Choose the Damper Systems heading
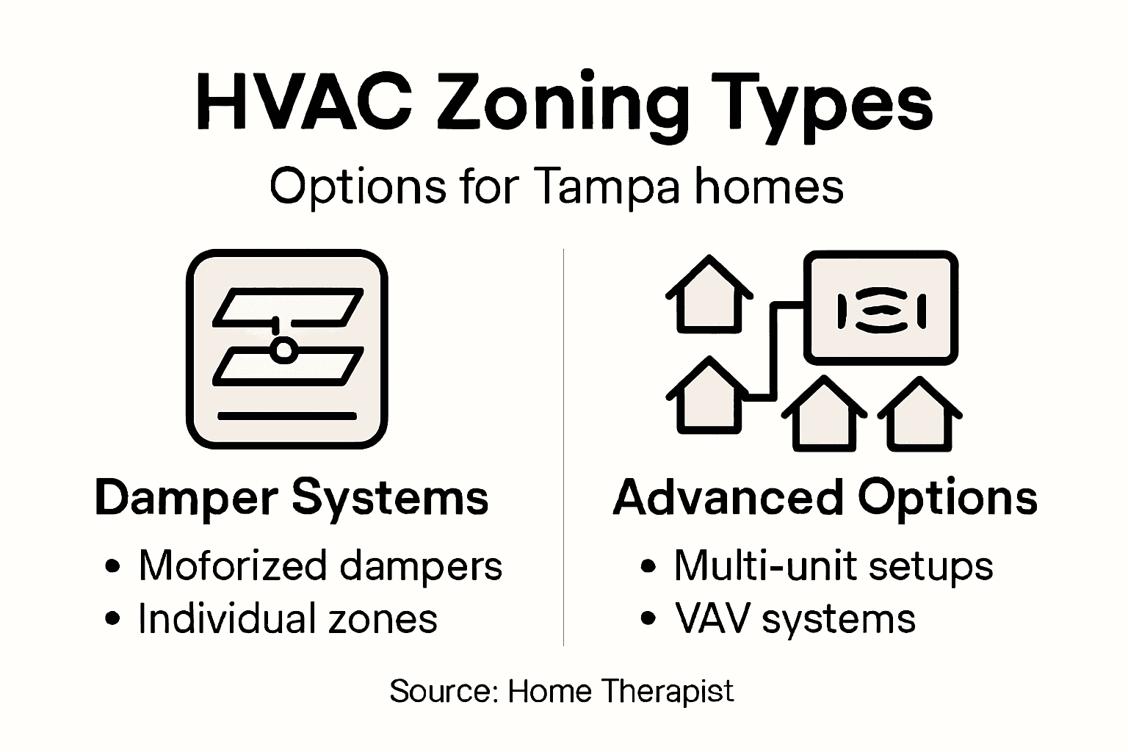pyautogui.click(x=292, y=499)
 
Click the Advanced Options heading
pyautogui.click(x=825, y=499)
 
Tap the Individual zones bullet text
pyautogui.click(x=288, y=618)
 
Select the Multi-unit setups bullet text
pyautogui.click(x=834, y=566)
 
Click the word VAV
pyautogui.click(x=712, y=618)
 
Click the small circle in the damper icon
pyautogui.click(x=282, y=350)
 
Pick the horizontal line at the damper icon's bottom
pyautogui.click(x=286, y=416)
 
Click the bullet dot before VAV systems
pyautogui.click(x=648, y=619)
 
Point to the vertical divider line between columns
pyautogui.click(x=563, y=448)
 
